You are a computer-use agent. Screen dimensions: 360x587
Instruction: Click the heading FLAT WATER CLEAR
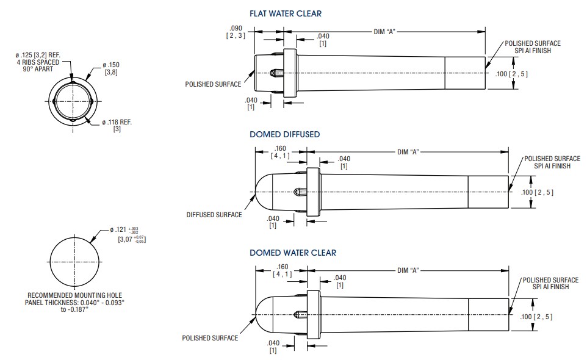click(285, 13)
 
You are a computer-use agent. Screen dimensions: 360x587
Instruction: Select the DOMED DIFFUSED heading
click(284, 134)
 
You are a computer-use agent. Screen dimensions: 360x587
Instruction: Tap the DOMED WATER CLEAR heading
click(292, 253)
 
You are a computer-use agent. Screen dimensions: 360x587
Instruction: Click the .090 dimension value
click(236, 29)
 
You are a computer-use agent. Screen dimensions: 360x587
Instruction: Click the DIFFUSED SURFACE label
click(214, 215)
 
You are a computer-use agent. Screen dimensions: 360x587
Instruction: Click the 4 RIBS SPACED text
click(38, 62)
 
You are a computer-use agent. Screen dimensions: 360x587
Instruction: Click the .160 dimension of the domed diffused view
click(281, 148)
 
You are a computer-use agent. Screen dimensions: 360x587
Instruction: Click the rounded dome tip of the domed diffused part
click(256, 191)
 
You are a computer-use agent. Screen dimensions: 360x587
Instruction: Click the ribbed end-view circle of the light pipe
click(73, 99)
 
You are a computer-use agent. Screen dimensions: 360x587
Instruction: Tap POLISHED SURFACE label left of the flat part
click(213, 84)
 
